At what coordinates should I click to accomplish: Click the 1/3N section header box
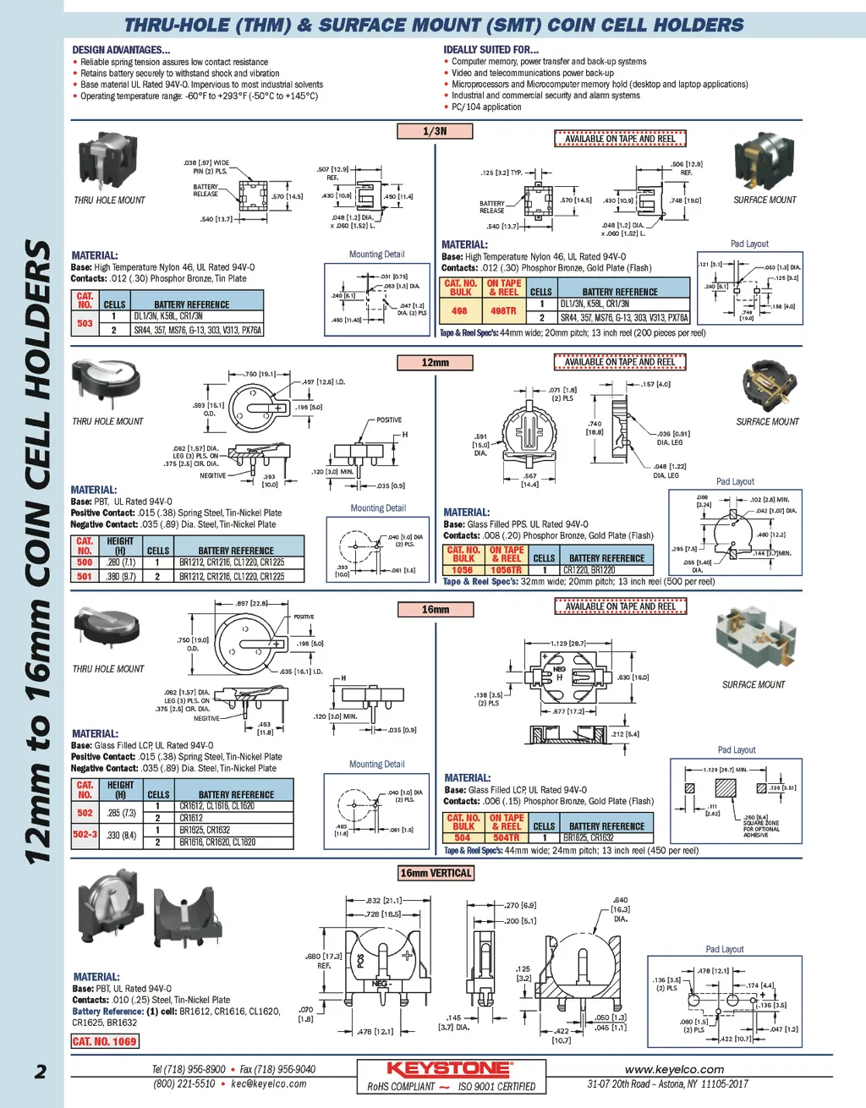coord(435,131)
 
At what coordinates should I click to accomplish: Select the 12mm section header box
coord(435,363)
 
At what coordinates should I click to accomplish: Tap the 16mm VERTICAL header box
coord(436,873)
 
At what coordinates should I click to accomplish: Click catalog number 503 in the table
coord(85,323)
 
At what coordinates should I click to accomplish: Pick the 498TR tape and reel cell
coord(504,311)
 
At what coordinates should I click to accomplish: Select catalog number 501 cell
coord(85,576)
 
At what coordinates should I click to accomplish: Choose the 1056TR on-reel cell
coord(506,570)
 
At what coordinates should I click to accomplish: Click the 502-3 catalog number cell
coord(85,835)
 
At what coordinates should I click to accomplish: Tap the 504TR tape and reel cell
coord(506,838)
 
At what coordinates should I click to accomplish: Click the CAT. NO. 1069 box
coord(105,1041)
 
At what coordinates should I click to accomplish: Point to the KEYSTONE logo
coord(448,1069)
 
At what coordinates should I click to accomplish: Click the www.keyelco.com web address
coord(674,1069)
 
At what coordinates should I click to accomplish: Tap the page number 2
coord(40,1072)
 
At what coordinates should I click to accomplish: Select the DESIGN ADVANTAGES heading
coord(121,50)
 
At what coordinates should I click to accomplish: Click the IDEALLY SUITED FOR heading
coord(491,50)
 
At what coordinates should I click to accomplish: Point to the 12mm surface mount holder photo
coord(769,386)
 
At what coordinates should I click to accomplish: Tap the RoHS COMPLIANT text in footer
coord(401,1087)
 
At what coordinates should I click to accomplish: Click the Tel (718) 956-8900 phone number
coord(189,1069)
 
